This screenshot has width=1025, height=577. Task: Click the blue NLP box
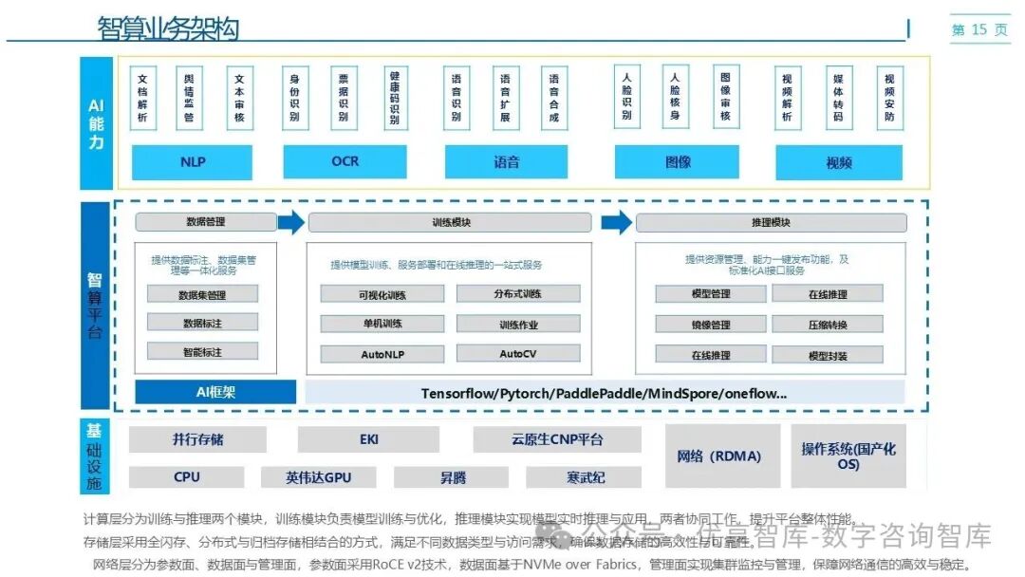[192, 162]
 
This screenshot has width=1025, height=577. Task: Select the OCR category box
[345, 162]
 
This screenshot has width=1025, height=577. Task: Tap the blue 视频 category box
[838, 162]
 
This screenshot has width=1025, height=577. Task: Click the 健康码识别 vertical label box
[395, 98]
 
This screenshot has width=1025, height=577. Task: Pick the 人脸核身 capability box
[675, 97]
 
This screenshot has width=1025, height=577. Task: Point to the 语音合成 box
[553, 98]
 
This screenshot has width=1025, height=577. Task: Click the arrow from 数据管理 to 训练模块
[291, 223]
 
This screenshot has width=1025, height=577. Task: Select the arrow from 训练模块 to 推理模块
[617, 223]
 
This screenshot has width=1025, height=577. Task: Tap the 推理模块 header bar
[771, 223]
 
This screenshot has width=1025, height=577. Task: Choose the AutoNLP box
[382, 354]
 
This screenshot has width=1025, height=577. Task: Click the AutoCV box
[518, 354]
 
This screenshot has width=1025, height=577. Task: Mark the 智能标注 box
[202, 351]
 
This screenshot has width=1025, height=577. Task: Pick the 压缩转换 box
[828, 325]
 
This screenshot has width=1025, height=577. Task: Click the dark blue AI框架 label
[215, 392]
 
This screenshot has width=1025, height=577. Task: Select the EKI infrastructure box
[368, 440]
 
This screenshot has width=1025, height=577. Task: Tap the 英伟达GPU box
[319, 477]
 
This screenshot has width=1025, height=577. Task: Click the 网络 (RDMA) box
[720, 456]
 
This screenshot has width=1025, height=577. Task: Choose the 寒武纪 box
[586, 477]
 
